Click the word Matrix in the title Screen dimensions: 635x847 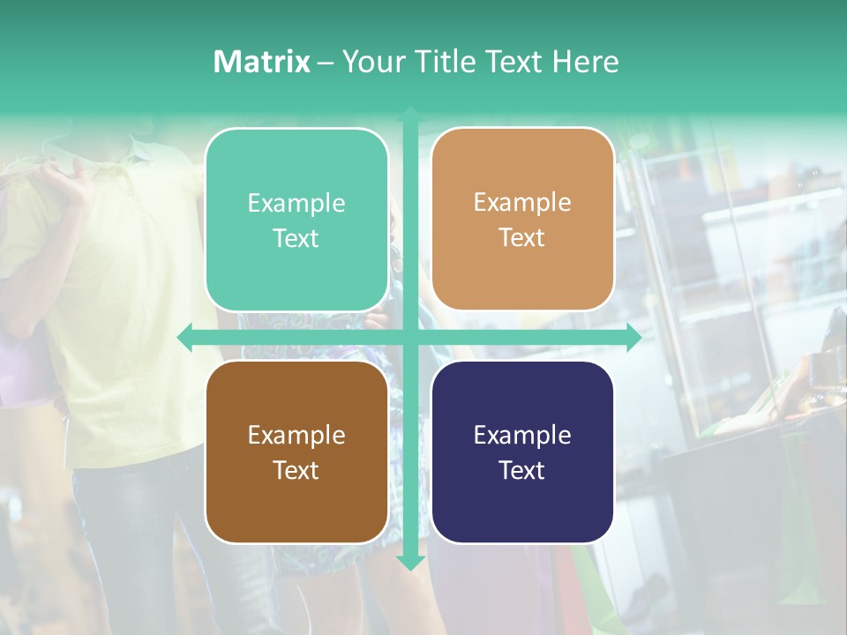[261, 62]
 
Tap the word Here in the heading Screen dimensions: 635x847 [585, 62]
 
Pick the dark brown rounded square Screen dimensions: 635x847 [296, 512]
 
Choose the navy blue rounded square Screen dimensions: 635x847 [522, 512]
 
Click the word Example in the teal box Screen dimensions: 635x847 [296, 204]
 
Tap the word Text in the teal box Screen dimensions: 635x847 [296, 239]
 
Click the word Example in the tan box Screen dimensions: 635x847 [522, 203]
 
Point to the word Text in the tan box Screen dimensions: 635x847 [522, 238]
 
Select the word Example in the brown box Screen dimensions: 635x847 [296, 435]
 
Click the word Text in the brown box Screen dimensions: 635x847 [296, 470]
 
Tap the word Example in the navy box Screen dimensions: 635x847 [522, 435]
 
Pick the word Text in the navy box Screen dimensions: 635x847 [522, 470]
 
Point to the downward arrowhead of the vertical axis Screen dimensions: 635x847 [410, 562]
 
